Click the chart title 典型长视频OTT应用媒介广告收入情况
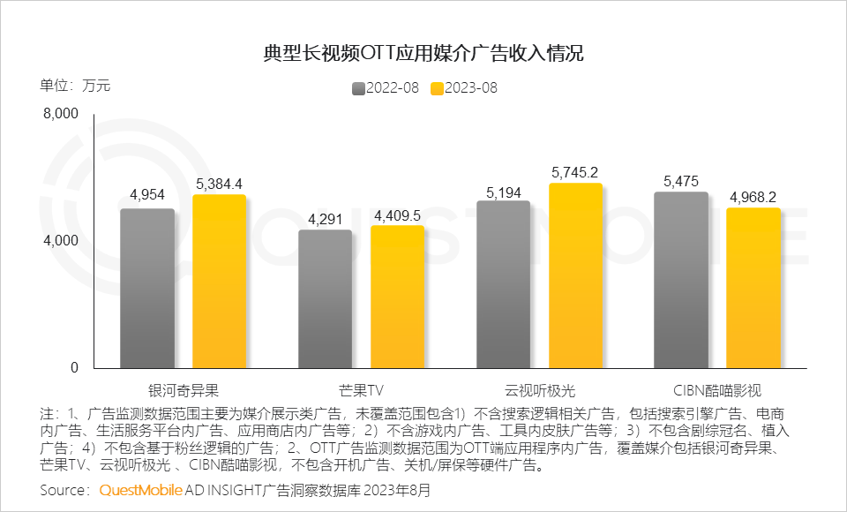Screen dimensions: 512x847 coord(423,53)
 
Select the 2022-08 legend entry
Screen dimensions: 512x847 coord(385,88)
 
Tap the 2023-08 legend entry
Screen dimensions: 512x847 coord(464,88)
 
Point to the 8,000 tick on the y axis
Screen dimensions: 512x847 coord(62,114)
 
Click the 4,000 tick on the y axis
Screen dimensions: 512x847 coord(62,241)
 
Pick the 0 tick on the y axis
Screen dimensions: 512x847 coord(74,368)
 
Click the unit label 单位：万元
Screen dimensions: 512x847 coord(75,86)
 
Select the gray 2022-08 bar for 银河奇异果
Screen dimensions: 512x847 coord(146,289)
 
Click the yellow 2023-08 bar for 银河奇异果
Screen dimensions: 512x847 coord(219,282)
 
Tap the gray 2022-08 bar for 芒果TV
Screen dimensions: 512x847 coord(325,299)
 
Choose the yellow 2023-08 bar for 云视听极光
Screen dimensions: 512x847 coord(575,275)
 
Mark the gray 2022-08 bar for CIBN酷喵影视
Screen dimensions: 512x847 coord(681,280)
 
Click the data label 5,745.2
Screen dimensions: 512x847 coord(575,172)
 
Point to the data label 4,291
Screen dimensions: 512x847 coord(325,218)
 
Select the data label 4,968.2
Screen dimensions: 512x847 coord(753,196)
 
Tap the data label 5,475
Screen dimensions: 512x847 coord(681,181)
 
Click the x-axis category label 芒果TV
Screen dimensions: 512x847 coord(361,389)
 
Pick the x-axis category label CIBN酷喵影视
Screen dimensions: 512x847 coord(716,389)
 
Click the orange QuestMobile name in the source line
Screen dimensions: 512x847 coord(141,490)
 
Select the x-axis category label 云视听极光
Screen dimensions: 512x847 coord(539,389)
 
